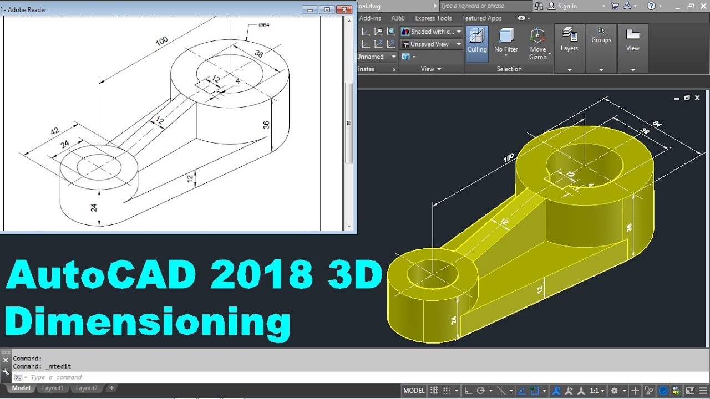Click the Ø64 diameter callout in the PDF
tap(263, 25)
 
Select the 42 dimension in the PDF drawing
tap(54, 131)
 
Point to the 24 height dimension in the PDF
tap(94, 207)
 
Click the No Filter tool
tap(506, 42)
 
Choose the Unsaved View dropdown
tap(431, 44)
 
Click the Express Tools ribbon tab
tap(433, 18)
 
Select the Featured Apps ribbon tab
tap(481, 18)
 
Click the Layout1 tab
tap(53, 388)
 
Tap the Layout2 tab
tap(87, 388)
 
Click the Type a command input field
tap(166, 377)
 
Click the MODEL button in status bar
tap(414, 391)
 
